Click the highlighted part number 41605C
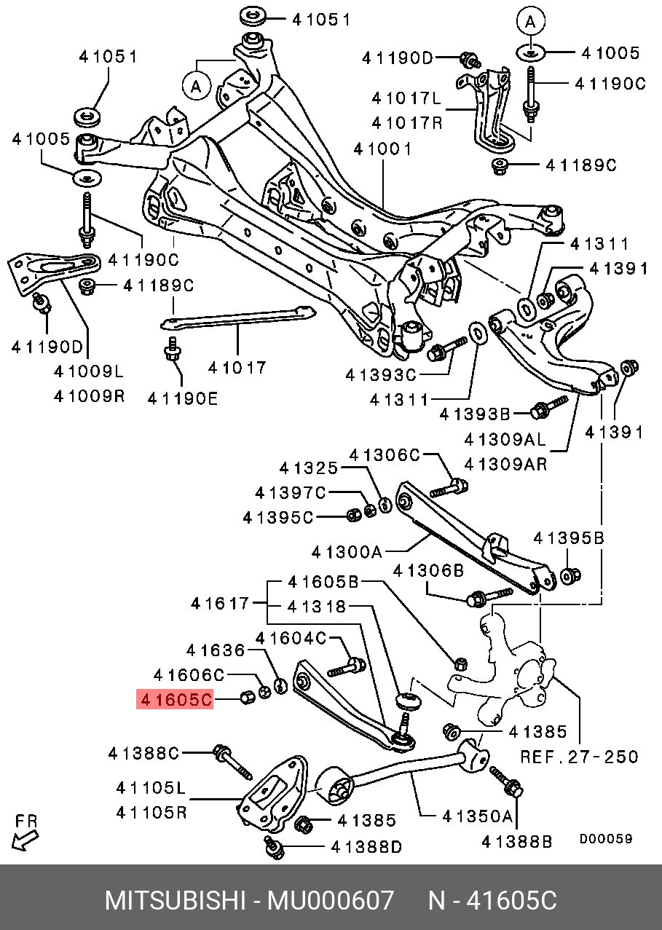[x=175, y=700]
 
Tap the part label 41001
[x=382, y=150]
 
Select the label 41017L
[x=406, y=98]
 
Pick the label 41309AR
[x=505, y=463]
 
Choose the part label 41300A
[x=347, y=552]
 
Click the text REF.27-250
[x=579, y=757]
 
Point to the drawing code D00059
[x=606, y=839]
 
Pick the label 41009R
[x=90, y=395]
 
